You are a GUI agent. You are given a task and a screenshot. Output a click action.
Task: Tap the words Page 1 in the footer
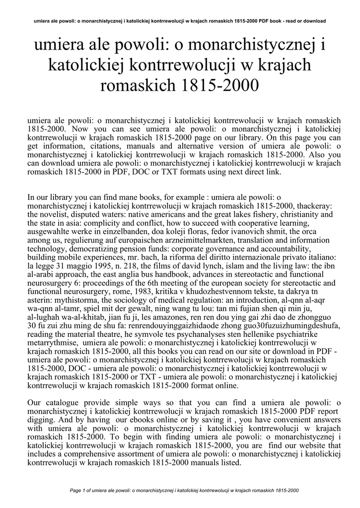pyautogui.click(x=79, y=491)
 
